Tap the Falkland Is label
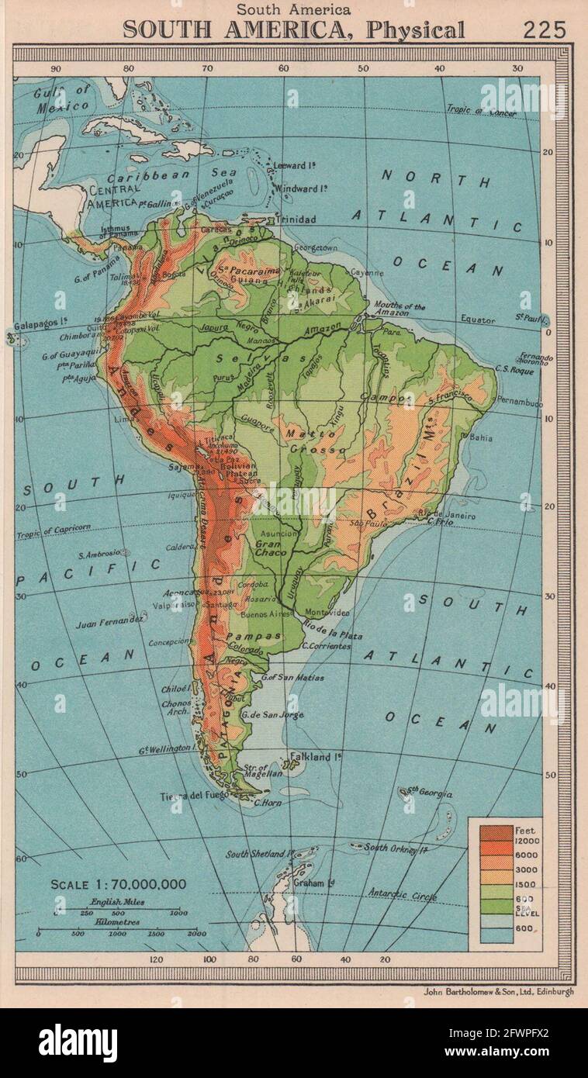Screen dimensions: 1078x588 point(316,756)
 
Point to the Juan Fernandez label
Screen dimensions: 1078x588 point(110,622)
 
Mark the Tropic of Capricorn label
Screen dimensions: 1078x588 point(53,530)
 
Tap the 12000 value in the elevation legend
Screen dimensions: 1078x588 point(527,841)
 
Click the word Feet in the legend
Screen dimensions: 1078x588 point(524,831)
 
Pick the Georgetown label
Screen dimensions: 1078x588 point(316,248)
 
